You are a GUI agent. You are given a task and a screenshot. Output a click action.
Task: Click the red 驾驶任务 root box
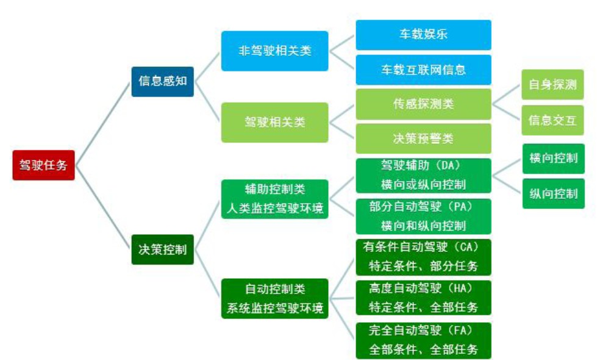pos(43,165)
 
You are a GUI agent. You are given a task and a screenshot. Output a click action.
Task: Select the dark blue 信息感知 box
pos(163,81)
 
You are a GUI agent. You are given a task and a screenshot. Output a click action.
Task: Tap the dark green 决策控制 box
pos(163,249)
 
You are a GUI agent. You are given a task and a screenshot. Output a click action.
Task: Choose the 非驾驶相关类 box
pos(274,51)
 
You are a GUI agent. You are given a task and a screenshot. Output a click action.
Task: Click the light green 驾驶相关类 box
pos(274,122)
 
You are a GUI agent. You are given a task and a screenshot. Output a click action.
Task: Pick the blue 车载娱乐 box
pos(423,35)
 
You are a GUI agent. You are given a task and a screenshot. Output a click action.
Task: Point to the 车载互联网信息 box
pos(423,70)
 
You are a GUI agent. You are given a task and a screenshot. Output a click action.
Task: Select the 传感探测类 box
pos(423,104)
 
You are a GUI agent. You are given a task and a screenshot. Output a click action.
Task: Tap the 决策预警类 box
pos(423,139)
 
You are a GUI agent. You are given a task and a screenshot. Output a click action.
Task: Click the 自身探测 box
pos(552,84)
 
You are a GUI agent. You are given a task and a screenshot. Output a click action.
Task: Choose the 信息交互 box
pos(552,120)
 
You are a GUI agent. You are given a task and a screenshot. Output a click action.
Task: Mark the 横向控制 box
pos(553,158)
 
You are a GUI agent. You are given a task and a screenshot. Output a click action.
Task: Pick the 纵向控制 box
pos(553,193)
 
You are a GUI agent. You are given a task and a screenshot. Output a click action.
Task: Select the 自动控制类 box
pos(274,298)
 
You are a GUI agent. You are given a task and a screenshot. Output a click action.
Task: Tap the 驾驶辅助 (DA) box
pos(423,175)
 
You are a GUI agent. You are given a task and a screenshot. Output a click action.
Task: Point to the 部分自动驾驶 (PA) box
pos(423,216)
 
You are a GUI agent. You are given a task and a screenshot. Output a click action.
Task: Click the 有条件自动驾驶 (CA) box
pos(423,257)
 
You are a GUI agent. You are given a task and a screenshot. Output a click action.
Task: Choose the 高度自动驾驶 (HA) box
pos(423,298)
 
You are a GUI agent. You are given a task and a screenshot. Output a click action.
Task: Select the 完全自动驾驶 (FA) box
pos(423,340)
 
